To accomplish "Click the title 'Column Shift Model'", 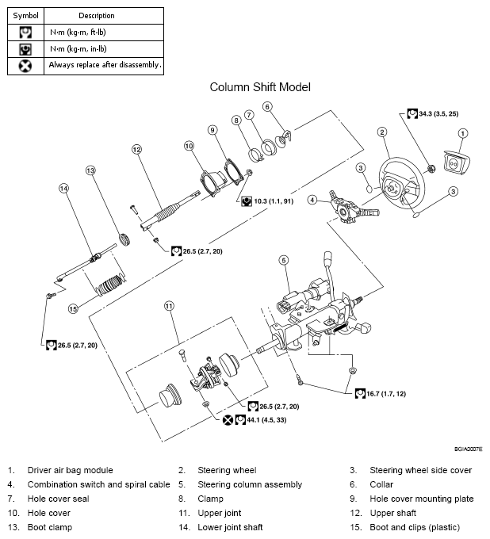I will click(x=259, y=86).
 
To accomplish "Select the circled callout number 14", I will click(x=64, y=189).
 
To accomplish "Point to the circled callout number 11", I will click(x=168, y=305).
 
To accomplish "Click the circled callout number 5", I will click(x=283, y=259).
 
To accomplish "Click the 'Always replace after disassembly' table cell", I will click(x=105, y=65).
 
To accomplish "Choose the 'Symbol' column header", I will click(x=26, y=15).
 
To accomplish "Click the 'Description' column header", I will click(x=97, y=15).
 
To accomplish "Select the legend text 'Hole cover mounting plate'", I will click(x=421, y=499).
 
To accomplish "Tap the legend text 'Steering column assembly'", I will click(x=251, y=484).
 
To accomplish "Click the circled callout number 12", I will click(x=136, y=149).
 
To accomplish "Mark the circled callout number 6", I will click(x=267, y=107).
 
